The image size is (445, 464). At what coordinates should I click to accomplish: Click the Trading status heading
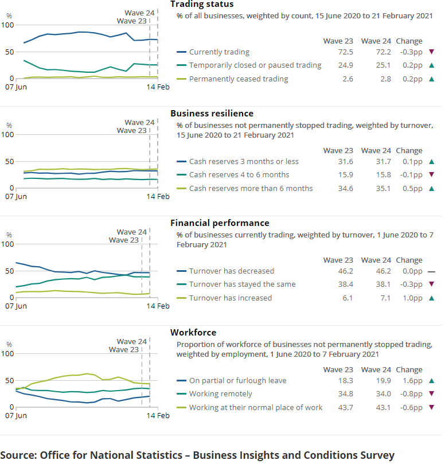click(x=202, y=4)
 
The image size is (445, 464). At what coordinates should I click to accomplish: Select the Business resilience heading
click(x=212, y=114)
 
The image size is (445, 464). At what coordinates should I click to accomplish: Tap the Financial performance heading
click(x=220, y=223)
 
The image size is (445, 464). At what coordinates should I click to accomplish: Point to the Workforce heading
click(x=193, y=333)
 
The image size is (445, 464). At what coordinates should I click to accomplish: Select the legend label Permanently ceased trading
click(x=239, y=79)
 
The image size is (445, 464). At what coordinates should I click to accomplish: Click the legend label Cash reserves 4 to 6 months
click(x=239, y=175)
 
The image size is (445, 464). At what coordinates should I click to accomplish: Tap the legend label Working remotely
click(x=220, y=394)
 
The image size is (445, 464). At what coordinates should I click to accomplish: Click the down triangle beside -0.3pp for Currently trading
click(x=431, y=52)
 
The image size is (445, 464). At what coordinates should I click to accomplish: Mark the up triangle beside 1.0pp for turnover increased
click(x=431, y=298)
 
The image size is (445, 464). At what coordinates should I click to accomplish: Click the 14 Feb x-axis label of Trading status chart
click(x=158, y=87)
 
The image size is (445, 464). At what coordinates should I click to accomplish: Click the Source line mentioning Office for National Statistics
click(x=198, y=455)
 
